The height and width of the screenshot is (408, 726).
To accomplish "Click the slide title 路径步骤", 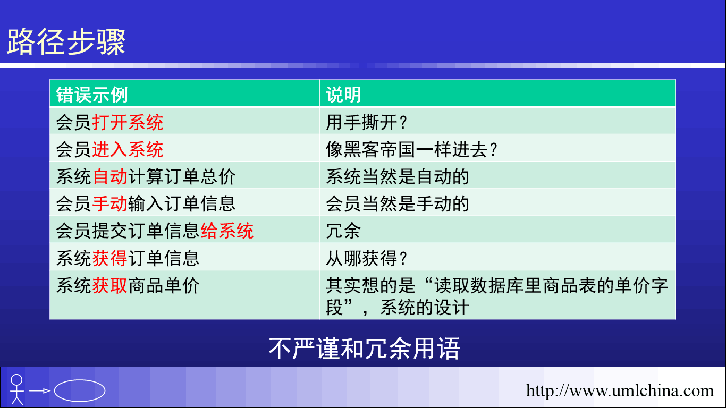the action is [66, 42].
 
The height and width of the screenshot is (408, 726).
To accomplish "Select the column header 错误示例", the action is [92, 95].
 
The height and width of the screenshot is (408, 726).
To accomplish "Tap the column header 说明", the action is [343, 95].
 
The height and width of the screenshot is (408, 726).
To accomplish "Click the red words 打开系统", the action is [128, 123].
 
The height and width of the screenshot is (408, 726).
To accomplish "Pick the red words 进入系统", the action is [128, 150].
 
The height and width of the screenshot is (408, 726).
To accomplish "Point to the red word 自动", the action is [110, 177].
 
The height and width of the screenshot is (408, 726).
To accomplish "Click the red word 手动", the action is [110, 204].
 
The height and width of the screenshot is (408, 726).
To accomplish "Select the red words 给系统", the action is [227, 231].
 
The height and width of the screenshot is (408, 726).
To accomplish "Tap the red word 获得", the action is [110, 258].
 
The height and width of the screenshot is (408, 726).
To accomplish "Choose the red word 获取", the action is [110, 285].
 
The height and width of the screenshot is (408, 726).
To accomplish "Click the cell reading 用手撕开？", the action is [366, 123].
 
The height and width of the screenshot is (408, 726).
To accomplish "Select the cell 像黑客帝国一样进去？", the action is [411, 150].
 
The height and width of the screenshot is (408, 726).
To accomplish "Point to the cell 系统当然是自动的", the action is [398, 177].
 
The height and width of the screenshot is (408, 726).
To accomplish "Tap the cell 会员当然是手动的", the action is [398, 204].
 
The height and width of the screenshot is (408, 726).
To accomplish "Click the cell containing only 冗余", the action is [343, 231].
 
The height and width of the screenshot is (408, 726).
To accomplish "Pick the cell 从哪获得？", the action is [366, 258].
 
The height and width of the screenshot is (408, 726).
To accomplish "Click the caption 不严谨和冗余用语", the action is [364, 348].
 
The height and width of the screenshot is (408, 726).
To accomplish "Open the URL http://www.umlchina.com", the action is [620, 390].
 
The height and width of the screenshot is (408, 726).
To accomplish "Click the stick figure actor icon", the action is [17, 389].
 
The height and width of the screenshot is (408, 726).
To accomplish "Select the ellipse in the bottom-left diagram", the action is [80, 379].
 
